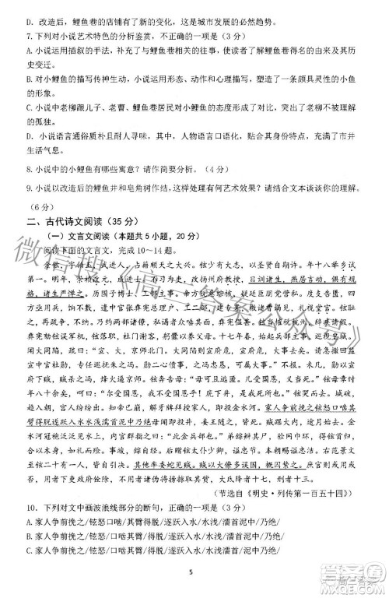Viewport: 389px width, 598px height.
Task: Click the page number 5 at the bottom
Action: pyautogui.click(x=189, y=572)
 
